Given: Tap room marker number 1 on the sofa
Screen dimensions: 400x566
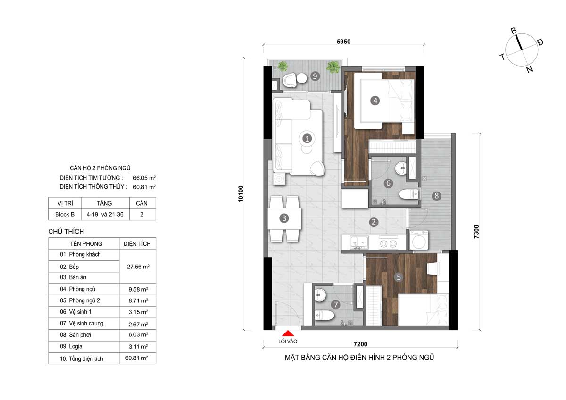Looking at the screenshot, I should click(x=307, y=139).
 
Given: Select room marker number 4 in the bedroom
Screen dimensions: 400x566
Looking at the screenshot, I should click(x=375, y=100).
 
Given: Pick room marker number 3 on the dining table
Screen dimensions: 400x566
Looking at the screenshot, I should click(x=284, y=218).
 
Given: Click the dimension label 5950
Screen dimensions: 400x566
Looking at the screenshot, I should click(x=343, y=42).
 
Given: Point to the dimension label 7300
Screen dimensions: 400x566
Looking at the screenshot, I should click(x=477, y=232).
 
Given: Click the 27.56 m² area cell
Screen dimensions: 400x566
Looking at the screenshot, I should click(x=137, y=267).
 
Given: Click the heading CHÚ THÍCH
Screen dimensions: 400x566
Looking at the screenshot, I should click(x=66, y=232).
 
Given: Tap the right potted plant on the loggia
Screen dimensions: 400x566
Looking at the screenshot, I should click(x=333, y=67).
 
